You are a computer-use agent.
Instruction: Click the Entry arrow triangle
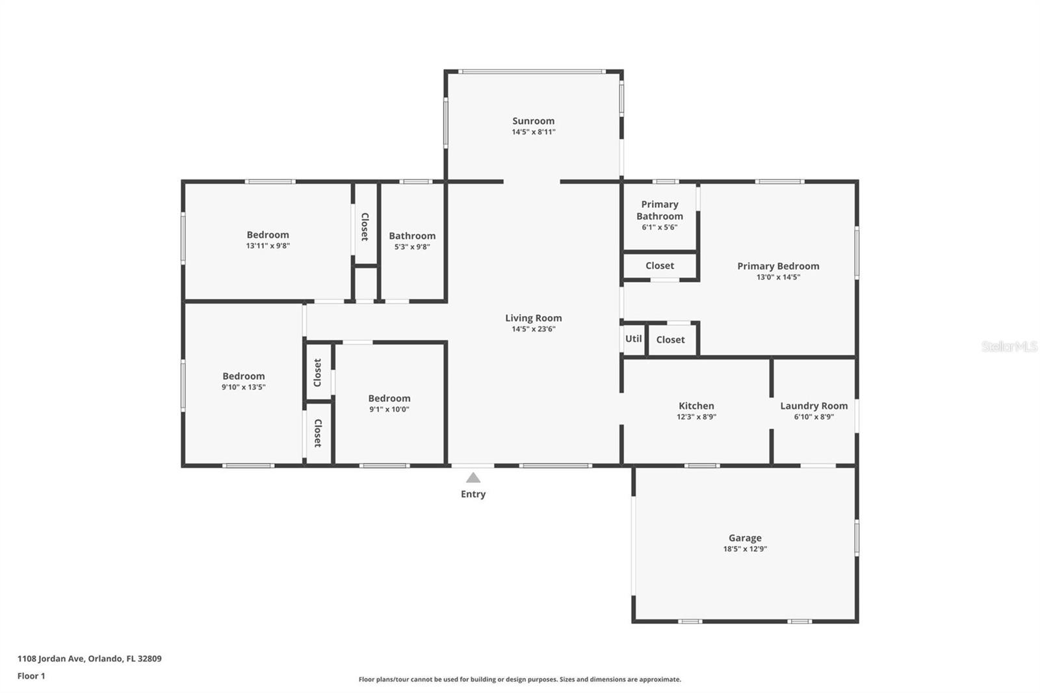(x=473, y=478)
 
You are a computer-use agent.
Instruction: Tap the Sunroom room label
(x=533, y=121)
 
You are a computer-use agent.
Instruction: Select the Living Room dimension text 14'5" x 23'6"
(x=533, y=329)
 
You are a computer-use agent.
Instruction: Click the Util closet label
(x=633, y=339)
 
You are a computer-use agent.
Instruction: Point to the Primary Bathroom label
(x=659, y=210)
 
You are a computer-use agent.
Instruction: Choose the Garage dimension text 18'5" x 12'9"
(x=745, y=549)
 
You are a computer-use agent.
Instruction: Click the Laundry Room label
(x=814, y=406)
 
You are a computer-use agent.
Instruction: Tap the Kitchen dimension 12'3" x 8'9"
(x=696, y=417)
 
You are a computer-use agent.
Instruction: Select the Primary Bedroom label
(x=778, y=266)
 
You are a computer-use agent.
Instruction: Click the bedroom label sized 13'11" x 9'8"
(x=268, y=235)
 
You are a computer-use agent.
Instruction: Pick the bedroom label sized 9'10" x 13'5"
(x=244, y=376)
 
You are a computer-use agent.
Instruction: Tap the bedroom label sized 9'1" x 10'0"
(x=389, y=399)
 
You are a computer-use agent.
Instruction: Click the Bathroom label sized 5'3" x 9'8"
(x=412, y=236)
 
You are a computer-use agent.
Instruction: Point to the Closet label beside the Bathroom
(x=365, y=226)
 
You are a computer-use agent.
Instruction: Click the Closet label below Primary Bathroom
(x=659, y=265)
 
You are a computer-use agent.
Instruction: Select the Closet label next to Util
(x=670, y=339)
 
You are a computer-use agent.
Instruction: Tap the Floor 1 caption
(x=31, y=675)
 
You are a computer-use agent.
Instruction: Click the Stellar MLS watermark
(x=1009, y=346)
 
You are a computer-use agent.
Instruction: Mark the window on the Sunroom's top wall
(x=532, y=72)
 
